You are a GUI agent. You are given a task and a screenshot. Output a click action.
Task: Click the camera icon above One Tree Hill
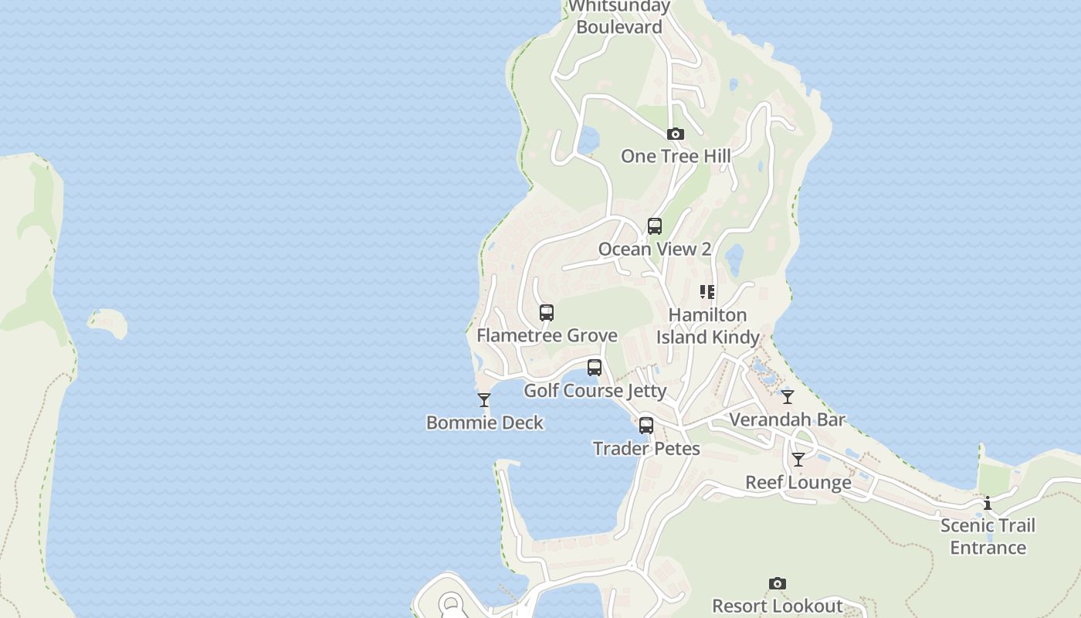point(676,134)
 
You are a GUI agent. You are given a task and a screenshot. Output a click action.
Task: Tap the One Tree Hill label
point(676,156)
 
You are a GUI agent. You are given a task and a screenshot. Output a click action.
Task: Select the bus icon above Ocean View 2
point(655,226)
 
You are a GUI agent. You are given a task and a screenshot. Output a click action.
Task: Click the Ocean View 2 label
point(655,249)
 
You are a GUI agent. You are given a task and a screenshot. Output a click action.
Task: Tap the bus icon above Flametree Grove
point(547,313)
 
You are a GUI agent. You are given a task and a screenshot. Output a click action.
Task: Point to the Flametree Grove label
point(547,335)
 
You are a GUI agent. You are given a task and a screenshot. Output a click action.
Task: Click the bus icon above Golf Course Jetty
point(595,368)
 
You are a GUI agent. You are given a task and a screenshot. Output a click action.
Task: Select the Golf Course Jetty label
point(595,391)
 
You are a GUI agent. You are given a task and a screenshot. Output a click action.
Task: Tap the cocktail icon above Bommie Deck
point(484,400)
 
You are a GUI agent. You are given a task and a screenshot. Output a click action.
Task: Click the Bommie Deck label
point(485,423)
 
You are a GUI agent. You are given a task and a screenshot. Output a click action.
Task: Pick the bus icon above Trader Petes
point(646,426)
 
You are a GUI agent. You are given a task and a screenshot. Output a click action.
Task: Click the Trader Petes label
point(646,449)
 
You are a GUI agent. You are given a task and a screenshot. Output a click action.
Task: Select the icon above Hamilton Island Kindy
point(707,292)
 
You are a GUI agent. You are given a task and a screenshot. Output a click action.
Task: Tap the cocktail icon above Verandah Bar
point(788,397)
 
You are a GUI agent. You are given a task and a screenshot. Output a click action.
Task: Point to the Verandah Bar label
point(788,420)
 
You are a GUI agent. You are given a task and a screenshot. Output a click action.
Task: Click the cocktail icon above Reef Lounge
point(798,460)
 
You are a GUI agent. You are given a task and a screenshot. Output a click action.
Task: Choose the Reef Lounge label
point(798,483)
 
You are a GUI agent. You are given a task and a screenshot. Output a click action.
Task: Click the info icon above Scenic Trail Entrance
point(988,503)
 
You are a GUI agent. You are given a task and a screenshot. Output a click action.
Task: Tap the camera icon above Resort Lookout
point(778,584)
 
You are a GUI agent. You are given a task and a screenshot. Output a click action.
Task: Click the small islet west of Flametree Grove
point(108,322)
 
